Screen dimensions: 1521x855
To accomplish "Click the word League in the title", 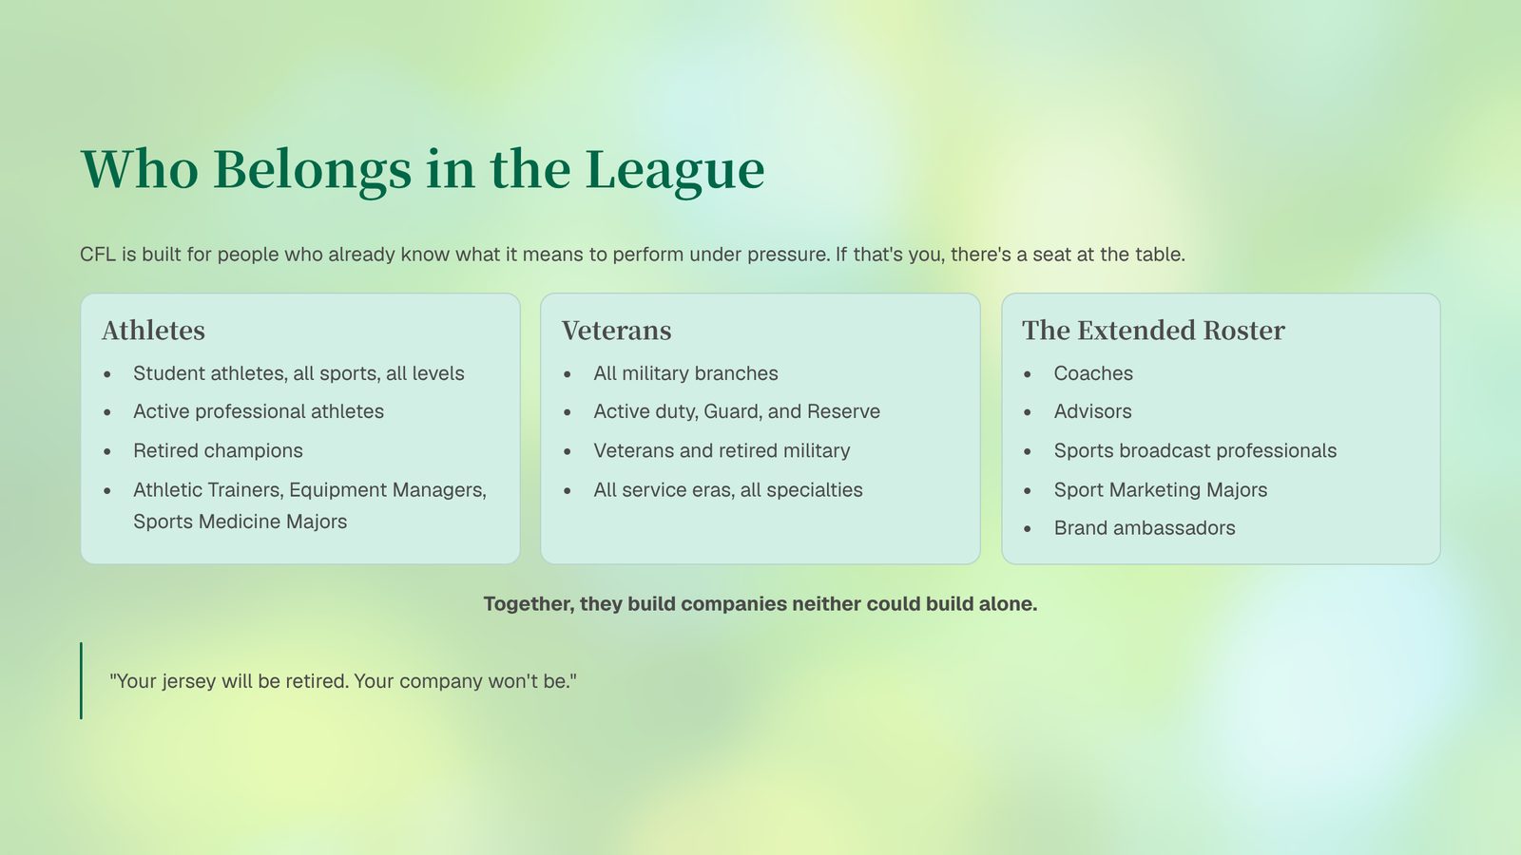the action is tap(675, 170).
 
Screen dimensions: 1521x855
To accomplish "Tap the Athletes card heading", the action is tap(153, 331).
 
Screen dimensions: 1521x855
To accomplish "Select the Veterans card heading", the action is tap(617, 331).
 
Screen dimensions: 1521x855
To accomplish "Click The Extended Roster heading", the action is tap(1154, 331).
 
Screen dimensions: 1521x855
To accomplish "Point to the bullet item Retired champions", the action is tap(218, 450).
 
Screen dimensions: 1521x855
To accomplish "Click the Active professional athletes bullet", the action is tap(259, 412).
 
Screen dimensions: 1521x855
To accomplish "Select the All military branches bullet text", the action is tap(685, 373).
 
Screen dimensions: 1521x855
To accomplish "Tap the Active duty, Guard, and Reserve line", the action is tap(737, 412).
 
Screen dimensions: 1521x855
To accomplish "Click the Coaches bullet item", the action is tap(1093, 373).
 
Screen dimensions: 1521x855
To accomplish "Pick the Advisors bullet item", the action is tap(1092, 412).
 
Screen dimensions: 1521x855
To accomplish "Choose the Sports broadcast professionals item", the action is tap(1195, 450).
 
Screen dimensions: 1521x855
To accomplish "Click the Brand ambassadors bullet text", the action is tap(1145, 528).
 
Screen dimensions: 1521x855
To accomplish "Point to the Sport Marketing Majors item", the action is tap(1161, 490).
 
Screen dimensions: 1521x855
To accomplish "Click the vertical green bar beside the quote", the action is tap(82, 680).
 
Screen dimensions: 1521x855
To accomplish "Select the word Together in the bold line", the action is tap(529, 604).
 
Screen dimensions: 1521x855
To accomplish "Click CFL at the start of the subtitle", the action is tap(98, 255).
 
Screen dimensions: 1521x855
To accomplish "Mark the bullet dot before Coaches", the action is tap(1028, 374).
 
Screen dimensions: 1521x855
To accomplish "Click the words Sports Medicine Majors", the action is tap(240, 522).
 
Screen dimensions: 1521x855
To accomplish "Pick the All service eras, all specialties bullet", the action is tap(728, 490).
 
